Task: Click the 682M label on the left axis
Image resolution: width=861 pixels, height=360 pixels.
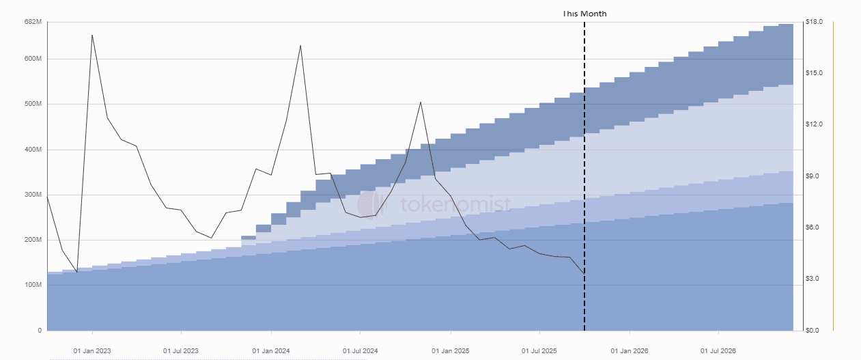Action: pyautogui.click(x=33, y=23)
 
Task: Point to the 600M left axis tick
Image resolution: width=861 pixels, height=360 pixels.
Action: pyautogui.click(x=33, y=59)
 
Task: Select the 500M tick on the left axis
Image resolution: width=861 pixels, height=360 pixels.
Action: pyautogui.click(x=33, y=104)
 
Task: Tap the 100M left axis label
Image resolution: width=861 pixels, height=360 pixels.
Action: pyautogui.click(x=33, y=285)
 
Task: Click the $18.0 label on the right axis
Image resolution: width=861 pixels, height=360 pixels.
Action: pyautogui.click(x=814, y=23)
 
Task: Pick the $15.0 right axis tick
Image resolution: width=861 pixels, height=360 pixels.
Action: pyautogui.click(x=814, y=73)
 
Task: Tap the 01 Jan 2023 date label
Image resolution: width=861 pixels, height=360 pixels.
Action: pyautogui.click(x=92, y=351)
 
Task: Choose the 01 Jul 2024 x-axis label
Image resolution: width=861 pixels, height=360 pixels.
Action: pyautogui.click(x=361, y=351)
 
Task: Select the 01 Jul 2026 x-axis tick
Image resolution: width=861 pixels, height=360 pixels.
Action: pyautogui.click(x=720, y=351)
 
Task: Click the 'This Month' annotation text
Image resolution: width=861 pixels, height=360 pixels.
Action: pyautogui.click(x=584, y=14)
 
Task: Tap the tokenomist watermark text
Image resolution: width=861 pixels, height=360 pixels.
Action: pyautogui.click(x=454, y=204)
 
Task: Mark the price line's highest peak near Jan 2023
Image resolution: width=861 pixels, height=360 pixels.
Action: pyautogui.click(x=92, y=35)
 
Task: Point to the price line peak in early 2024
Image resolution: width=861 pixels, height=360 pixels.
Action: pyautogui.click(x=301, y=45)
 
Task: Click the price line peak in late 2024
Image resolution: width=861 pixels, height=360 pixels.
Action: pyautogui.click(x=421, y=102)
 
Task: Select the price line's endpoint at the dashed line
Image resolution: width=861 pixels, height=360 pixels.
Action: pyautogui.click(x=584, y=273)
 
